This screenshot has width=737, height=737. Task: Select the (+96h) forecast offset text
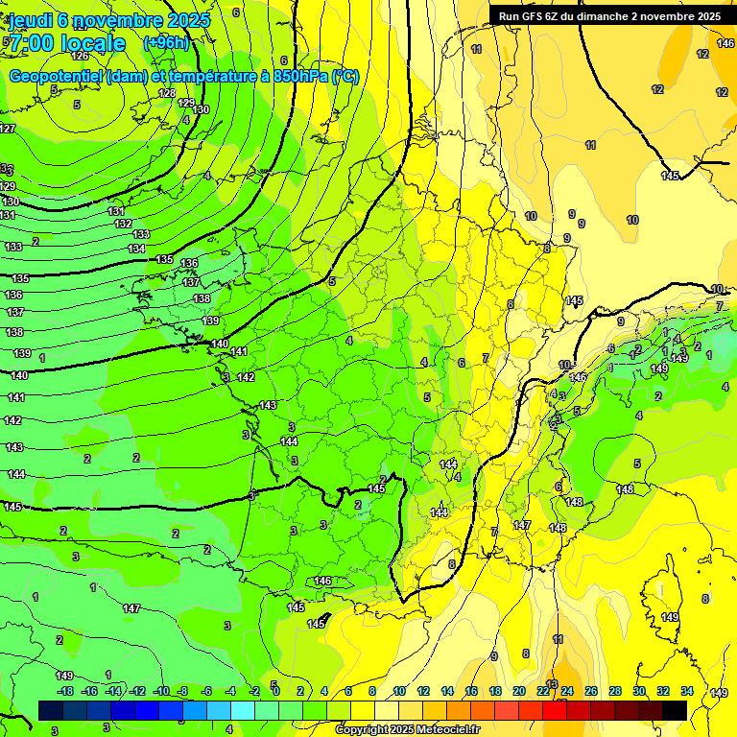pos(166,43)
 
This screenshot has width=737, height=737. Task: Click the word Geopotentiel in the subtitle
pos(58,77)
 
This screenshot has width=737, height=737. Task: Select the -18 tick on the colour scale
pos(65,691)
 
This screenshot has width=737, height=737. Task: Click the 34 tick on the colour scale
pos(687,691)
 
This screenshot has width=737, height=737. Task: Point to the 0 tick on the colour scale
pos(275,691)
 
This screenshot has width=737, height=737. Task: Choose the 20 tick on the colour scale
pos(519,691)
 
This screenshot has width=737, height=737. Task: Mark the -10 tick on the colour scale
pos(161,691)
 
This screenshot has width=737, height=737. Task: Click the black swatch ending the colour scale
pos(675,710)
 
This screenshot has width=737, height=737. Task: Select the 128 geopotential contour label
pos(167,93)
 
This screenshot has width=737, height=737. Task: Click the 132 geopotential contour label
pos(123,224)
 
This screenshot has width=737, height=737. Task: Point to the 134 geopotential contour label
pos(137,249)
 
